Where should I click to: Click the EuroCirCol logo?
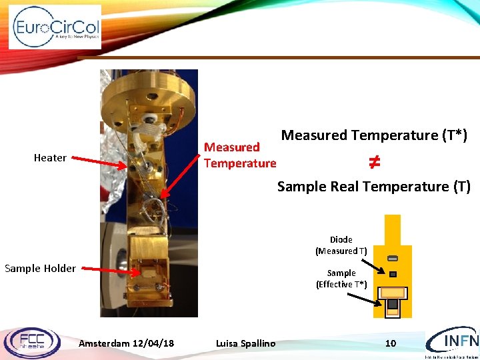click(55, 27)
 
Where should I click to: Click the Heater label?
click(50, 158)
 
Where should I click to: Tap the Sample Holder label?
click(40, 269)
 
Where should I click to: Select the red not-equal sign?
click(374, 161)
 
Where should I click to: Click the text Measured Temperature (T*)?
click(374, 135)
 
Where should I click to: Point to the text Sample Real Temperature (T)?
click(373, 187)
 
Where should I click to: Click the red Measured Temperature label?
click(239, 155)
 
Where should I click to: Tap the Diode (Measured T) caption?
click(341, 245)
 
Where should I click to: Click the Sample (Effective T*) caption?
click(341, 279)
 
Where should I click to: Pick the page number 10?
click(391, 343)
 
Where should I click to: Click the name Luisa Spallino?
click(245, 343)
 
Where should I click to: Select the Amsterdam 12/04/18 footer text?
click(126, 343)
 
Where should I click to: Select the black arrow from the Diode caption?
click(377, 265)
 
